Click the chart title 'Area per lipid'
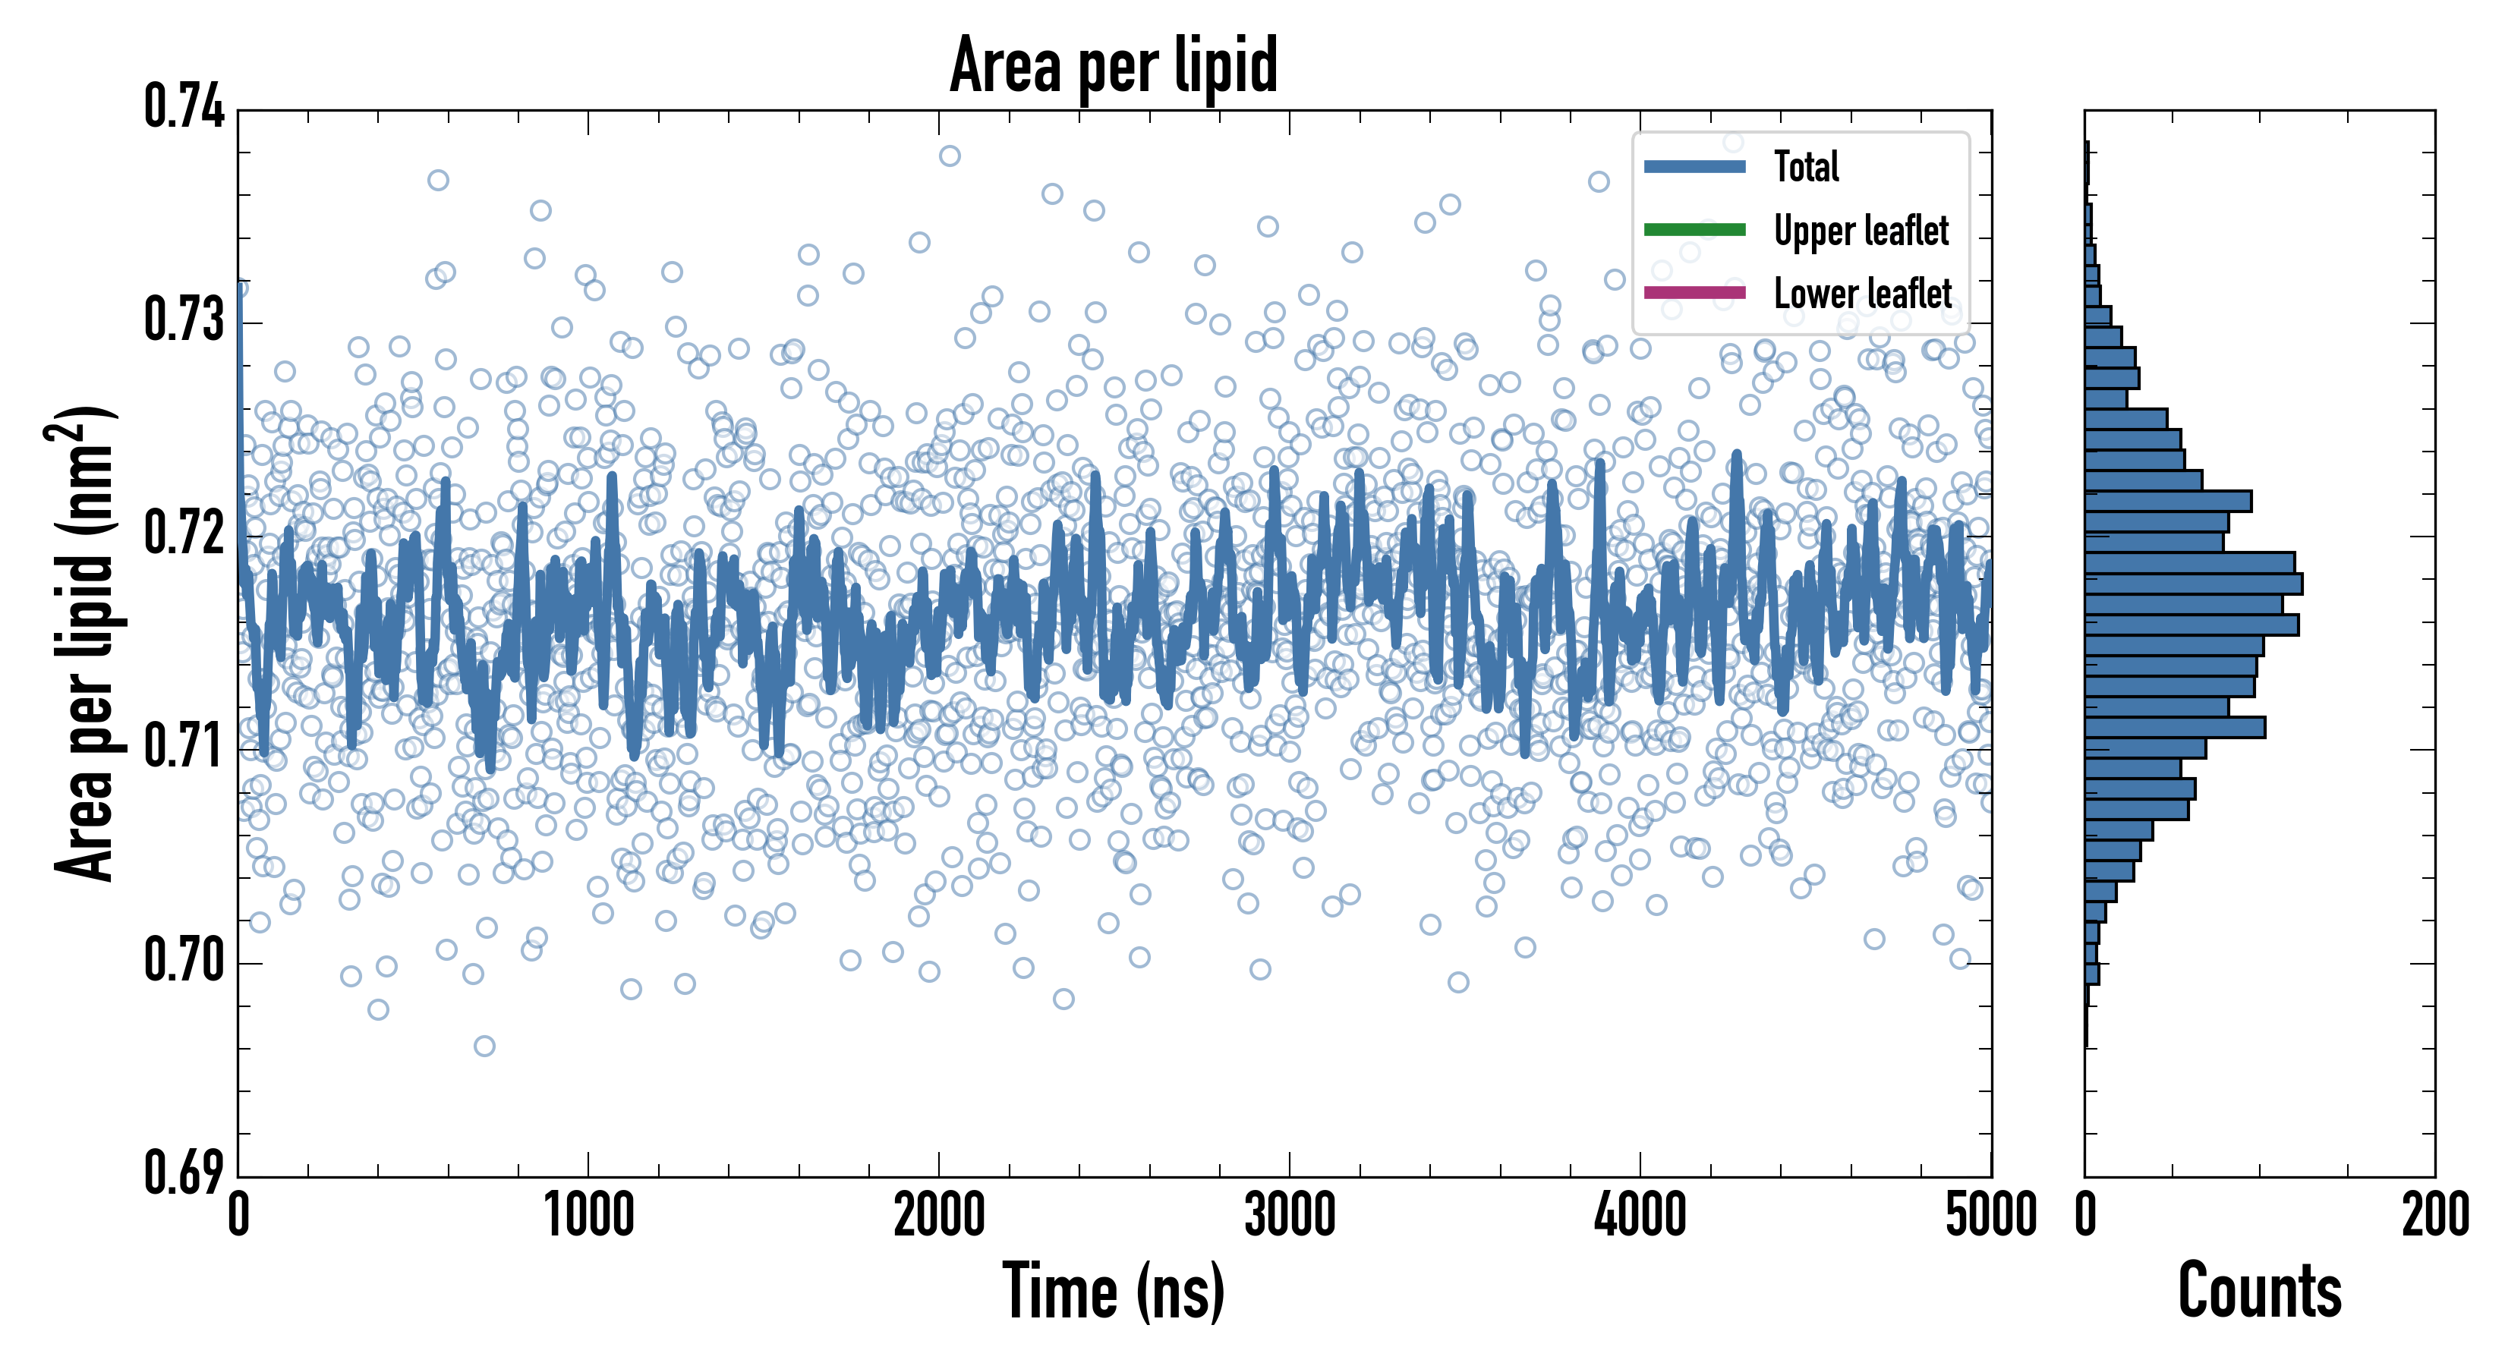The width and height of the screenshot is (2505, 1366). [1114, 65]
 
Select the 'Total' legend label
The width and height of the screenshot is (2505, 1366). [1806, 166]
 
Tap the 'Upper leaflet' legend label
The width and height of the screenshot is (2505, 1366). [1861, 231]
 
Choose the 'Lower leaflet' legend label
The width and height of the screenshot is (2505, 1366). [1862, 294]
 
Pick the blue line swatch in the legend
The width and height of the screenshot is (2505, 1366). [1694, 166]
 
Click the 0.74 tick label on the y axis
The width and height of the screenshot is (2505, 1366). [184, 106]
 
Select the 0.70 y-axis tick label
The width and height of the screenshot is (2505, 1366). [184, 961]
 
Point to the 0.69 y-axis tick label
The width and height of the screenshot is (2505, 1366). [184, 1172]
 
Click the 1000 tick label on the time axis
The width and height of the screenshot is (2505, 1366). [588, 1215]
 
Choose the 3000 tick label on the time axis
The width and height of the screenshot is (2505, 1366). [1290, 1215]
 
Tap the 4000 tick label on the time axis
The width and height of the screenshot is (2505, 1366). [1640, 1215]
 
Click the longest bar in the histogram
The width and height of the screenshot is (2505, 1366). [2193, 584]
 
